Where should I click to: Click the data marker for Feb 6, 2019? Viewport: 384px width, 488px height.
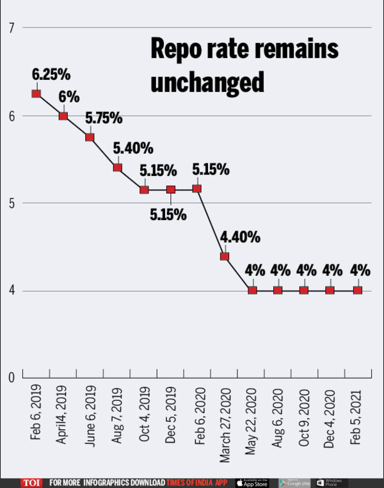36,93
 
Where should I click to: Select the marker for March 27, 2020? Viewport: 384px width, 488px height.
225,256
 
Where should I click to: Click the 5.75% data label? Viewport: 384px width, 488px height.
104,118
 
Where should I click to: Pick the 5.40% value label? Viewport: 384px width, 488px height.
133,148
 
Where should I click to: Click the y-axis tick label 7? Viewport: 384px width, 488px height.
10,28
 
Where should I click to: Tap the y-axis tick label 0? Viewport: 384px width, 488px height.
10,377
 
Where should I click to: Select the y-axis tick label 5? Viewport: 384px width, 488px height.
10,203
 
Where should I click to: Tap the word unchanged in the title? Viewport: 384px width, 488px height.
207,83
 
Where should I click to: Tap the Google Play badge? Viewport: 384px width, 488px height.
294,482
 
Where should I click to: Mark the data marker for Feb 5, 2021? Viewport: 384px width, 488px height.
358,290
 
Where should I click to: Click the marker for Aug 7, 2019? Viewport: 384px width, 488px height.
118,168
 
